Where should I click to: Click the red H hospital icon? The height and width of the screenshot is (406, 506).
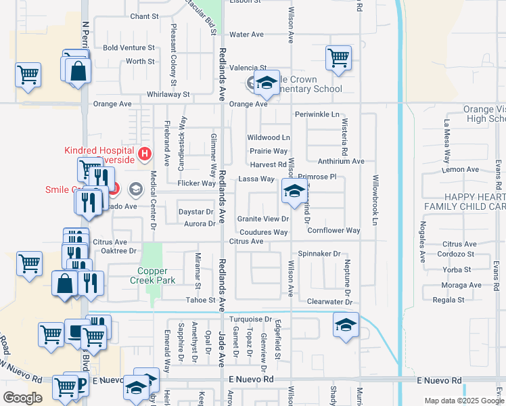coord(143,155)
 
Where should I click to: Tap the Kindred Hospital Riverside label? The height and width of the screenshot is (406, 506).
coord(99,155)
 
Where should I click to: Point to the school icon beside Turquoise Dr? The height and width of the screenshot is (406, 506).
coord(346,324)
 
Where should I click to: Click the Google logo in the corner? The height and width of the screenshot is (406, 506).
coord(22,398)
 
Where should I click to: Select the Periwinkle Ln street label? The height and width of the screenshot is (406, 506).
coord(317,114)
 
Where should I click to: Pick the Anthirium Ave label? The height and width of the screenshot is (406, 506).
coord(341,162)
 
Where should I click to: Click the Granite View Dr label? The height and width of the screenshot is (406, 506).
coord(263,219)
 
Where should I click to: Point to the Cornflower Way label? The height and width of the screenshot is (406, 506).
coord(333,231)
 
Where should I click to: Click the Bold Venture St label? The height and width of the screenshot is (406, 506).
coord(129,48)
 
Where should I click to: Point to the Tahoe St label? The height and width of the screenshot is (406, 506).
coord(201,300)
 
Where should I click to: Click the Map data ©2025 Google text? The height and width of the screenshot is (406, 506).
coord(464,401)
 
